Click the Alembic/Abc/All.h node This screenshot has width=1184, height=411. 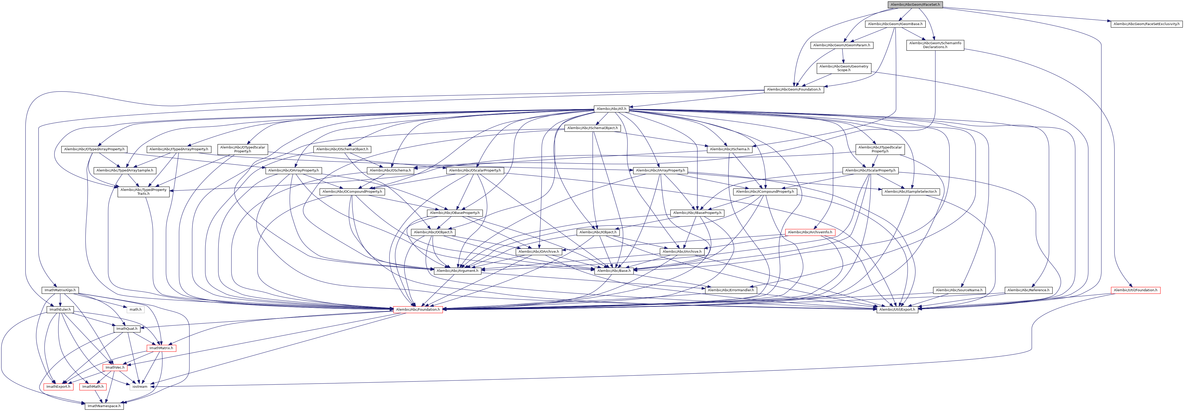coord(611,109)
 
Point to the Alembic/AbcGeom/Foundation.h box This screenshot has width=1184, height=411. coord(794,89)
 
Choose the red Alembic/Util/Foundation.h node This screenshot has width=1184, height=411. coord(1135,290)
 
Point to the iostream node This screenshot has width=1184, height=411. coord(140,387)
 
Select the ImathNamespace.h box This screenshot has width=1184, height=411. coord(103,406)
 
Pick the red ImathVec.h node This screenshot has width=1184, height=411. coord(115,367)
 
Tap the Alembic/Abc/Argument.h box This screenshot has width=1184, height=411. coord(457,271)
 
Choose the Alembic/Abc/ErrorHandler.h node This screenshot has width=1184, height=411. coord(731,290)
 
